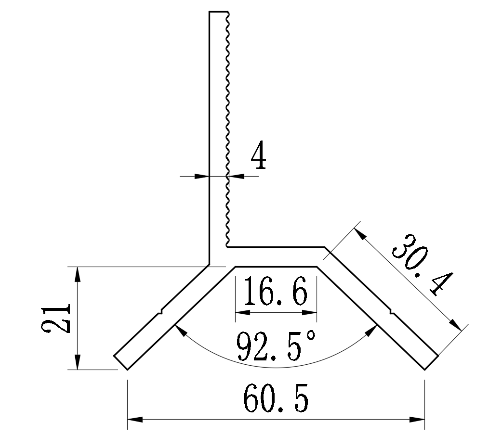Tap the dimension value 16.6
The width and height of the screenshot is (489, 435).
pos(275,293)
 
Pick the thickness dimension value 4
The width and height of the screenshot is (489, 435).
pos(258,156)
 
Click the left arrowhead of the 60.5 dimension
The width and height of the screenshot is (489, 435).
pos(135,420)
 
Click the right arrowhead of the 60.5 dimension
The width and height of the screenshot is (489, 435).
pos(417,420)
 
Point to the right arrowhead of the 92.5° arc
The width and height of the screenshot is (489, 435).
pos(373,330)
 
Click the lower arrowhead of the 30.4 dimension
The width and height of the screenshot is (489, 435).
pos(456,324)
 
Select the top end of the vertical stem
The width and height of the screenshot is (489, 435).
pos(218,12)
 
